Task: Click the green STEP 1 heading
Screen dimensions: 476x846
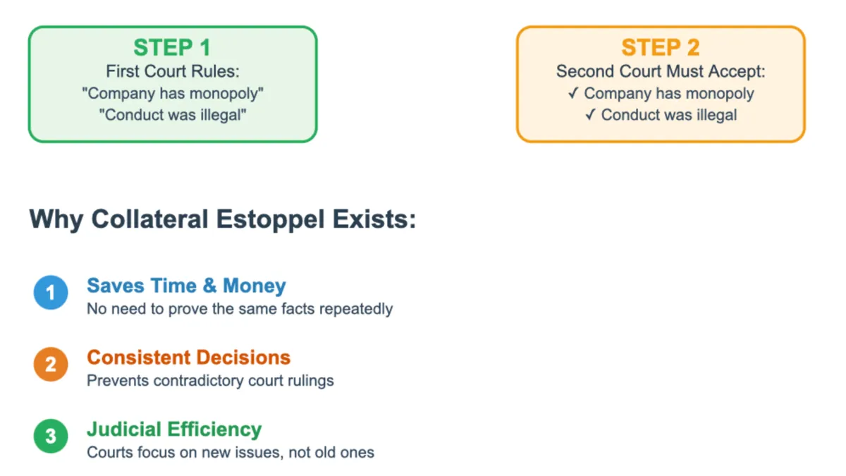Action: (x=172, y=48)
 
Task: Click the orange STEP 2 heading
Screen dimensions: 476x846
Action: (x=660, y=48)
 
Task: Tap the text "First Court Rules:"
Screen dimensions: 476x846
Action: (x=172, y=71)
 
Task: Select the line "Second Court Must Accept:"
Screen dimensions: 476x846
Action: (x=661, y=71)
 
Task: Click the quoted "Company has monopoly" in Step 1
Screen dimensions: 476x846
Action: (x=173, y=93)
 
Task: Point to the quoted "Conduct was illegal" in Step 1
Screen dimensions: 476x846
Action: (x=173, y=115)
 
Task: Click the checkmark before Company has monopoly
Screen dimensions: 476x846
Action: (x=573, y=93)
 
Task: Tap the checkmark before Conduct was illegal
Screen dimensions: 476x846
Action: (x=590, y=115)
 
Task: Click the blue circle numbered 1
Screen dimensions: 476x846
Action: (x=51, y=293)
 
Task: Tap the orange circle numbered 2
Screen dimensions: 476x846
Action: (x=51, y=365)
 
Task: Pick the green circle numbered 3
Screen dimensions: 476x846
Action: (x=51, y=436)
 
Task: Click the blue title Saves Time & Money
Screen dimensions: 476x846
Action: (x=186, y=286)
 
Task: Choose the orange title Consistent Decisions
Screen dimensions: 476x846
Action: (x=188, y=358)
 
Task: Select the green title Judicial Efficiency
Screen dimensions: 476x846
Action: (x=174, y=429)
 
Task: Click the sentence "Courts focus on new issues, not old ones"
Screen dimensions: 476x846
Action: (x=231, y=452)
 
